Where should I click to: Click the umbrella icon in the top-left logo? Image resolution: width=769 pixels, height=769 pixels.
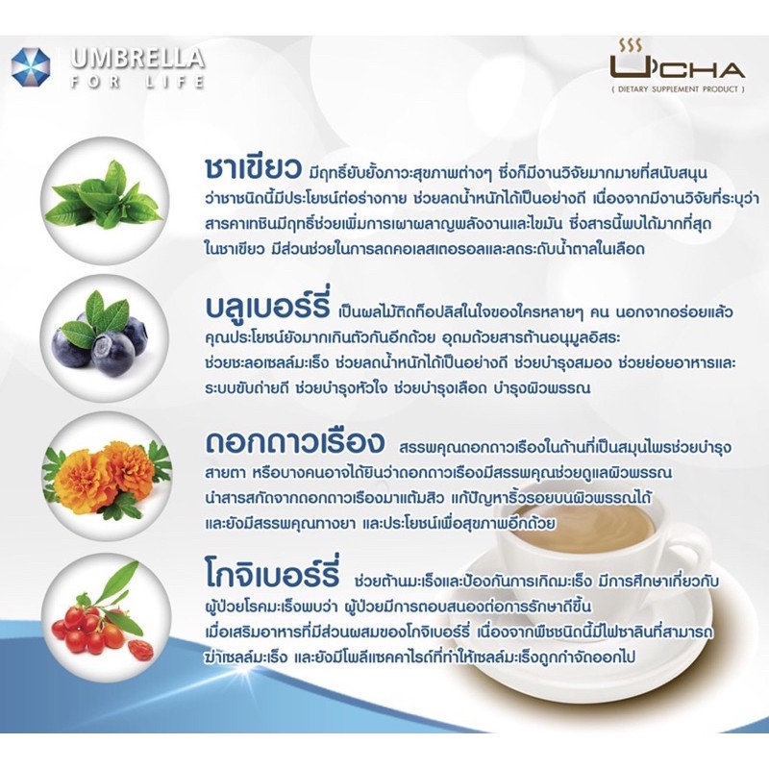click(31, 67)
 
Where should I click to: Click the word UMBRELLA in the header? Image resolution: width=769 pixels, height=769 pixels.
click(137, 59)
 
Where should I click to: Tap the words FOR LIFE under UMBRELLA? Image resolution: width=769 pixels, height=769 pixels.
click(136, 82)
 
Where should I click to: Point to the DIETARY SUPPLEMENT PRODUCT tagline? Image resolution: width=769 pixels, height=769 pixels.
click(679, 89)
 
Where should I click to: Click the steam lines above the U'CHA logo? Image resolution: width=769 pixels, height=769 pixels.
click(631, 45)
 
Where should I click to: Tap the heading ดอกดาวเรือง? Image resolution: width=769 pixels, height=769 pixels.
click(295, 442)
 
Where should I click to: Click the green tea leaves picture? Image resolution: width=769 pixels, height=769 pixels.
click(105, 195)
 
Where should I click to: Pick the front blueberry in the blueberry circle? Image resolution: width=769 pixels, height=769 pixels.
click(112, 352)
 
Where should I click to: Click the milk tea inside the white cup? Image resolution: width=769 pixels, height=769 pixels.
click(583, 528)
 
